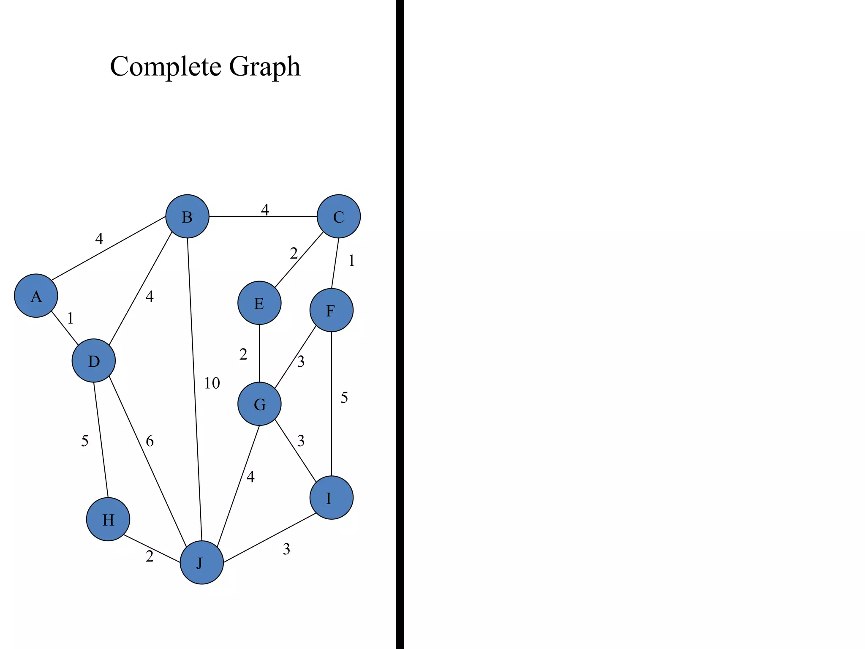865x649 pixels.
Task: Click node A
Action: pyautogui.click(x=36, y=296)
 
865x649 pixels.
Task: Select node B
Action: pyautogui.click(x=187, y=216)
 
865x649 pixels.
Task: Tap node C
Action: pyautogui.click(x=338, y=216)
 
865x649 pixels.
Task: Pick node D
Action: pyautogui.click(x=93, y=360)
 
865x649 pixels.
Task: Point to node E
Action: pyautogui.click(x=259, y=303)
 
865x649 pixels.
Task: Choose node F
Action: pyautogui.click(x=331, y=310)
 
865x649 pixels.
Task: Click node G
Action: pyautogui.click(x=259, y=404)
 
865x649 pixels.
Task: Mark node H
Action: pyautogui.click(x=108, y=519)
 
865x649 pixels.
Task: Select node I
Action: pyautogui.click(x=331, y=498)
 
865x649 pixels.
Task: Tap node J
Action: pyautogui.click(x=201, y=562)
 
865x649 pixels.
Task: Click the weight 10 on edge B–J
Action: pyautogui.click(x=212, y=383)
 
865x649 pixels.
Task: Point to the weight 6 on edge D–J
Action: pyautogui.click(x=150, y=441)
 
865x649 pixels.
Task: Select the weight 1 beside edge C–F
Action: pyautogui.click(x=351, y=261)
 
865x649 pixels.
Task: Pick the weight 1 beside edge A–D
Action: pyautogui.click(x=71, y=318)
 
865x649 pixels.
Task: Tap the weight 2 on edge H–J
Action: pyautogui.click(x=150, y=556)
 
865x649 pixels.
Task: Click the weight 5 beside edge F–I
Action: pyautogui.click(x=344, y=398)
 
